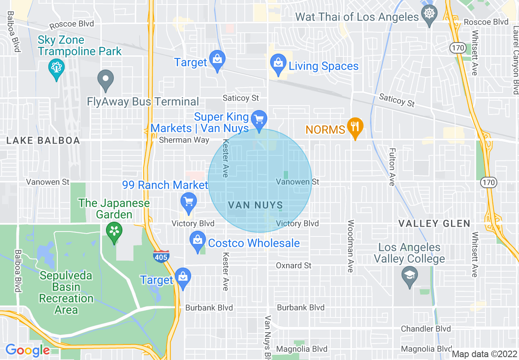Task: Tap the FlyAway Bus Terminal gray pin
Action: (x=106, y=79)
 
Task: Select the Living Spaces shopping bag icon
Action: (x=278, y=63)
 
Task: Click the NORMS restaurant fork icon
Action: (x=355, y=127)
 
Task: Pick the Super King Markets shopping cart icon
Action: (x=259, y=119)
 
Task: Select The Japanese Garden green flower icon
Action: (x=114, y=232)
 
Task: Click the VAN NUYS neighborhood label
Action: (x=255, y=205)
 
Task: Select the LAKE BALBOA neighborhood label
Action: (x=43, y=141)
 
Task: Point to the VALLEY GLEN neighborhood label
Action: (x=434, y=223)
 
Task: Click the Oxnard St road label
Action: (x=293, y=265)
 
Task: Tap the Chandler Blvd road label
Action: (x=426, y=329)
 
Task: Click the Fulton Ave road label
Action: (x=392, y=167)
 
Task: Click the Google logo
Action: (x=27, y=350)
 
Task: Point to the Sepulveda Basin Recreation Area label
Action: (x=66, y=292)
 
